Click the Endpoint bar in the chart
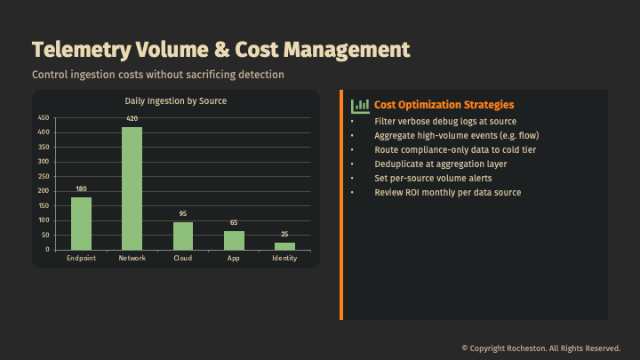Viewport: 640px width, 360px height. coord(81,223)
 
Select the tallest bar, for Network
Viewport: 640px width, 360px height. coord(132,188)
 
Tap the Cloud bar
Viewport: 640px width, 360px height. coord(183,236)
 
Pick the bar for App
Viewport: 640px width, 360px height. coord(234,240)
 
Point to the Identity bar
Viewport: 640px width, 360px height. coord(284,245)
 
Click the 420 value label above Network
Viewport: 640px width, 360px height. coord(132,118)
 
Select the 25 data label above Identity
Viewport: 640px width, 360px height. coord(284,235)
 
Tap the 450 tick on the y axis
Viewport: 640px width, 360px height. coord(44,118)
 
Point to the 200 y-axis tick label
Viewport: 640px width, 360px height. coord(44,191)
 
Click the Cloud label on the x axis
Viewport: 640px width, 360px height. coord(183,258)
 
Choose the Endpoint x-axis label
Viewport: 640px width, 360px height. coord(81,258)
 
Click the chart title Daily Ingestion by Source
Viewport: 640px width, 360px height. coord(175,101)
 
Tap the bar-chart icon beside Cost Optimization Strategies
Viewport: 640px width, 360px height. coord(360,106)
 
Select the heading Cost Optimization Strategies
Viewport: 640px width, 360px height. coord(444,105)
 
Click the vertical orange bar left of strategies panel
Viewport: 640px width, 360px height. coord(341,204)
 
